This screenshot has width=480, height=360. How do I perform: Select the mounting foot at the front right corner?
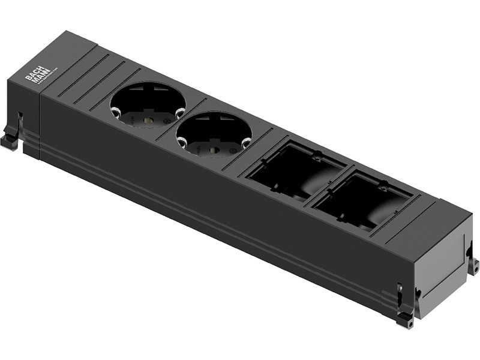(405, 320)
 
